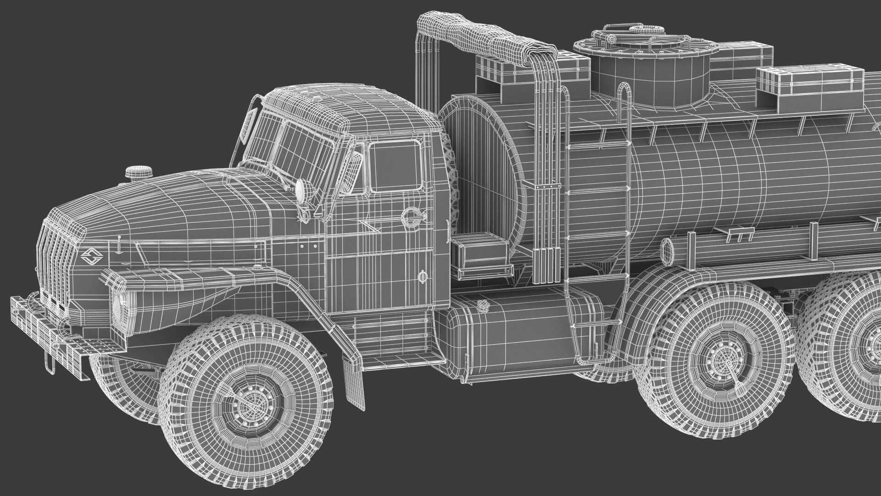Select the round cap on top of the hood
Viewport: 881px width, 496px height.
[139, 173]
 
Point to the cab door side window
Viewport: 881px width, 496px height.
[395, 166]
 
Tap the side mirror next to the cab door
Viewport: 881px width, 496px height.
[355, 172]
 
